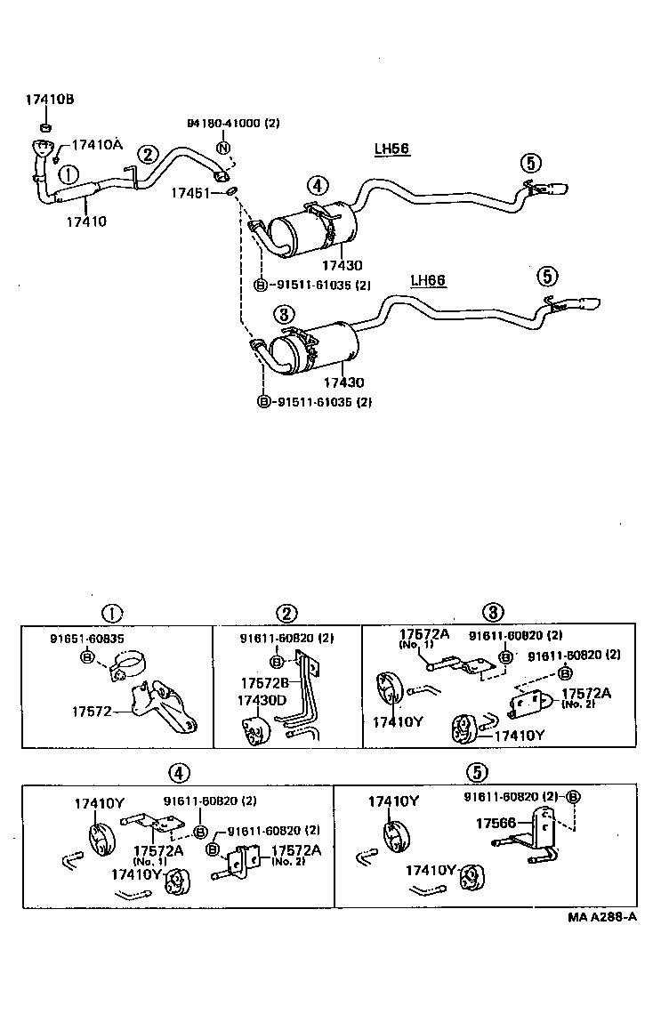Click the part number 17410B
[49, 101]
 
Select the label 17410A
[96, 144]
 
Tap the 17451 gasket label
[192, 190]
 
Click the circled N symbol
[223, 148]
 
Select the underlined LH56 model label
[391, 149]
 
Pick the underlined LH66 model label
[428, 281]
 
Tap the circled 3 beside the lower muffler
[283, 313]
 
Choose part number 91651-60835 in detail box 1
[86, 639]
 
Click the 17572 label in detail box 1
[91, 711]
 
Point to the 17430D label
[262, 701]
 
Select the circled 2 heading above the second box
[286, 613]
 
